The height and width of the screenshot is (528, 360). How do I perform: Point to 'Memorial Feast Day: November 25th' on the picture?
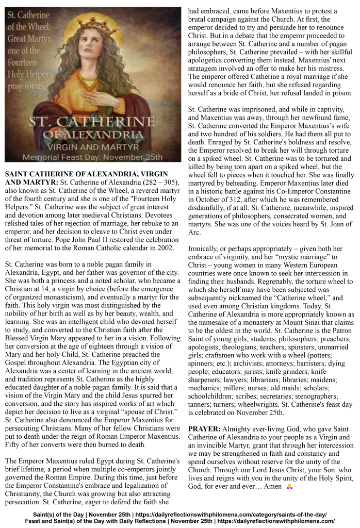[x=92, y=154]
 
